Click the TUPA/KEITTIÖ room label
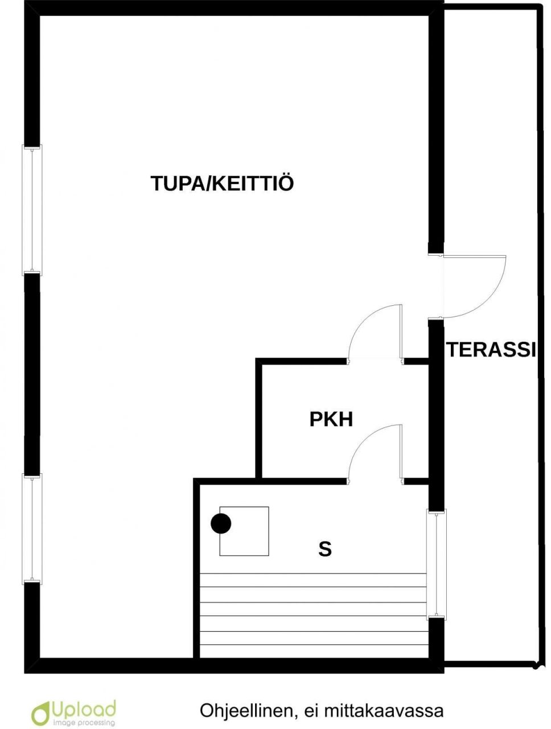[222, 183]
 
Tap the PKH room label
[331, 419]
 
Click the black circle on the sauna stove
[221, 523]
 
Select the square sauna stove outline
[244, 531]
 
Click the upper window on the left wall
[32, 210]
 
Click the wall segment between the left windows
[32, 375]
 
